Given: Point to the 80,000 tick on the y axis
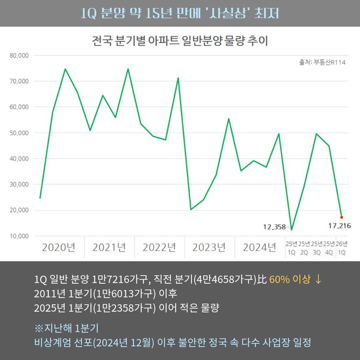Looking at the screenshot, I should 19,55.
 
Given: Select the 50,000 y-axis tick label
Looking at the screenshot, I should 19,133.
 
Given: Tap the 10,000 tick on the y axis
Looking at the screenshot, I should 19,236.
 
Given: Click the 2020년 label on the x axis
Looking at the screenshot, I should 58,248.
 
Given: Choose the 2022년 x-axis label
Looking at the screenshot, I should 159,248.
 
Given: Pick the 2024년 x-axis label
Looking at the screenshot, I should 260,248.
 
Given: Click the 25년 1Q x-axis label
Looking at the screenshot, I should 291,248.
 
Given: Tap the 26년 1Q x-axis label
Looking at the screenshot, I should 341,248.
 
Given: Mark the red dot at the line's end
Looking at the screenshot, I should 342,217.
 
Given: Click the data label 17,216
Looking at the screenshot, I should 339,226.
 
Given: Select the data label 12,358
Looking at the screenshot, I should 274,227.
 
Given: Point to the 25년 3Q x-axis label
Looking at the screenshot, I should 316,248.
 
